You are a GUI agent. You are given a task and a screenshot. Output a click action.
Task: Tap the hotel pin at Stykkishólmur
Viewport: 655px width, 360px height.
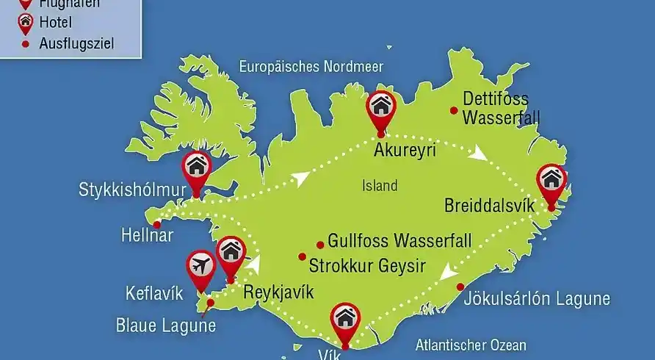point(196,168)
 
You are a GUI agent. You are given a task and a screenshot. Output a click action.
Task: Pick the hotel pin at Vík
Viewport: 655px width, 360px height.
point(344,320)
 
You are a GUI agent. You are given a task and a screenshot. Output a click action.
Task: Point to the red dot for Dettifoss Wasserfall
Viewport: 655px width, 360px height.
point(454,111)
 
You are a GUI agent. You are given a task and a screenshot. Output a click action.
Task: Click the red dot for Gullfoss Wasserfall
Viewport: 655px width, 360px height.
point(319,245)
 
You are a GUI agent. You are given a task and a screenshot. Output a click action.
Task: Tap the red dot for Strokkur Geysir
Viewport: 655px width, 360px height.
point(302,256)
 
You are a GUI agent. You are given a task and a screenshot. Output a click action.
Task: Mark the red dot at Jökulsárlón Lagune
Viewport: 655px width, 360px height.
point(460,287)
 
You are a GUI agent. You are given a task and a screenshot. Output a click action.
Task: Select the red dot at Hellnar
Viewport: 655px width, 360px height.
point(156,224)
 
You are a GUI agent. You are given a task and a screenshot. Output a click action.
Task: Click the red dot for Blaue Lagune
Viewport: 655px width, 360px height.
point(211,302)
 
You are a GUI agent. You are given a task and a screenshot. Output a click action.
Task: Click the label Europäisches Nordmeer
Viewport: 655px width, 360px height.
point(311,67)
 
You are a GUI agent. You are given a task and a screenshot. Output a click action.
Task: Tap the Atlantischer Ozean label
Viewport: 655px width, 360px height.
point(471,344)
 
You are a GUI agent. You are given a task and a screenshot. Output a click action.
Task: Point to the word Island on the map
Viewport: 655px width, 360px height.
point(380,186)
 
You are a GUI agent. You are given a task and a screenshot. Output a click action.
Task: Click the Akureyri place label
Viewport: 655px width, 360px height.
point(405,151)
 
